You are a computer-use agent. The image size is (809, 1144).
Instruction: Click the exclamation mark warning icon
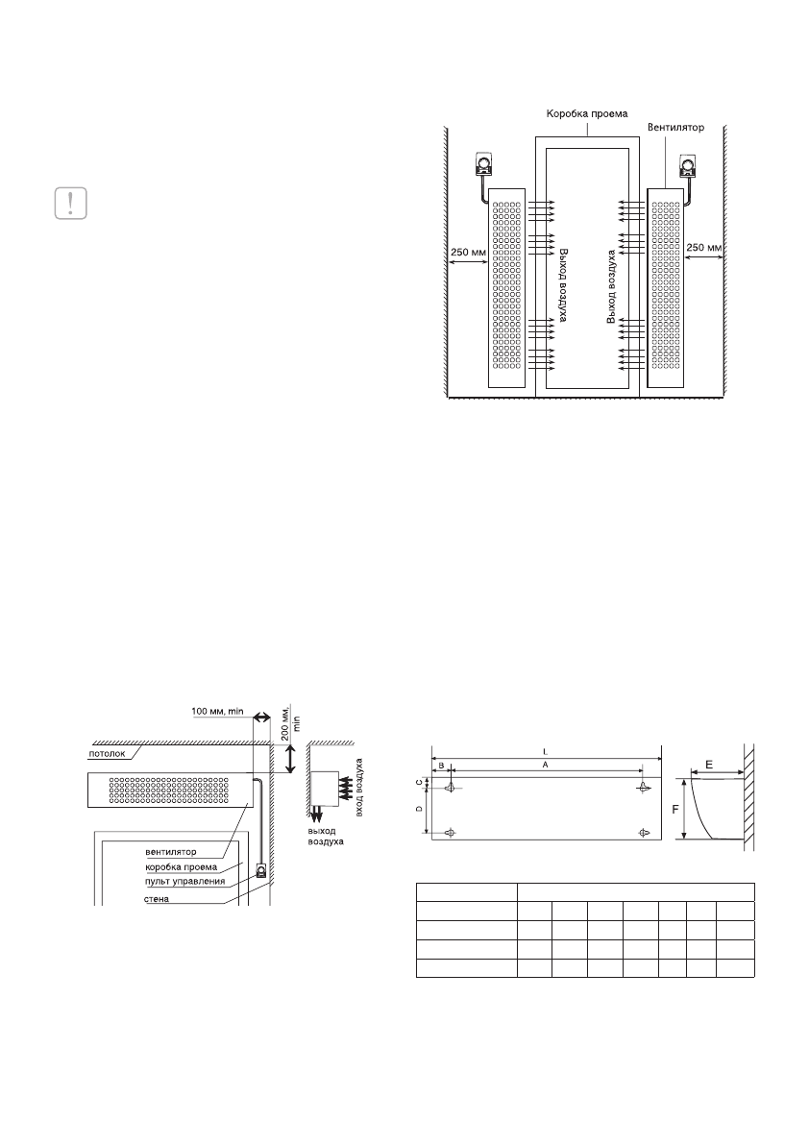click(x=71, y=203)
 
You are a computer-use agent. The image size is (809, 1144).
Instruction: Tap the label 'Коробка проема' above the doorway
click(x=587, y=113)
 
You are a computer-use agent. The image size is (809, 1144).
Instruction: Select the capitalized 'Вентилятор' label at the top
click(x=676, y=128)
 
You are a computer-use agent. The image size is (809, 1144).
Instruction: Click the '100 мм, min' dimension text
click(x=218, y=710)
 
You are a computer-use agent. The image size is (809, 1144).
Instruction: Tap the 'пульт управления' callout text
click(x=186, y=882)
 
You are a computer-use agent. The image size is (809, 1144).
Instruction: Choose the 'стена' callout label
click(x=157, y=899)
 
